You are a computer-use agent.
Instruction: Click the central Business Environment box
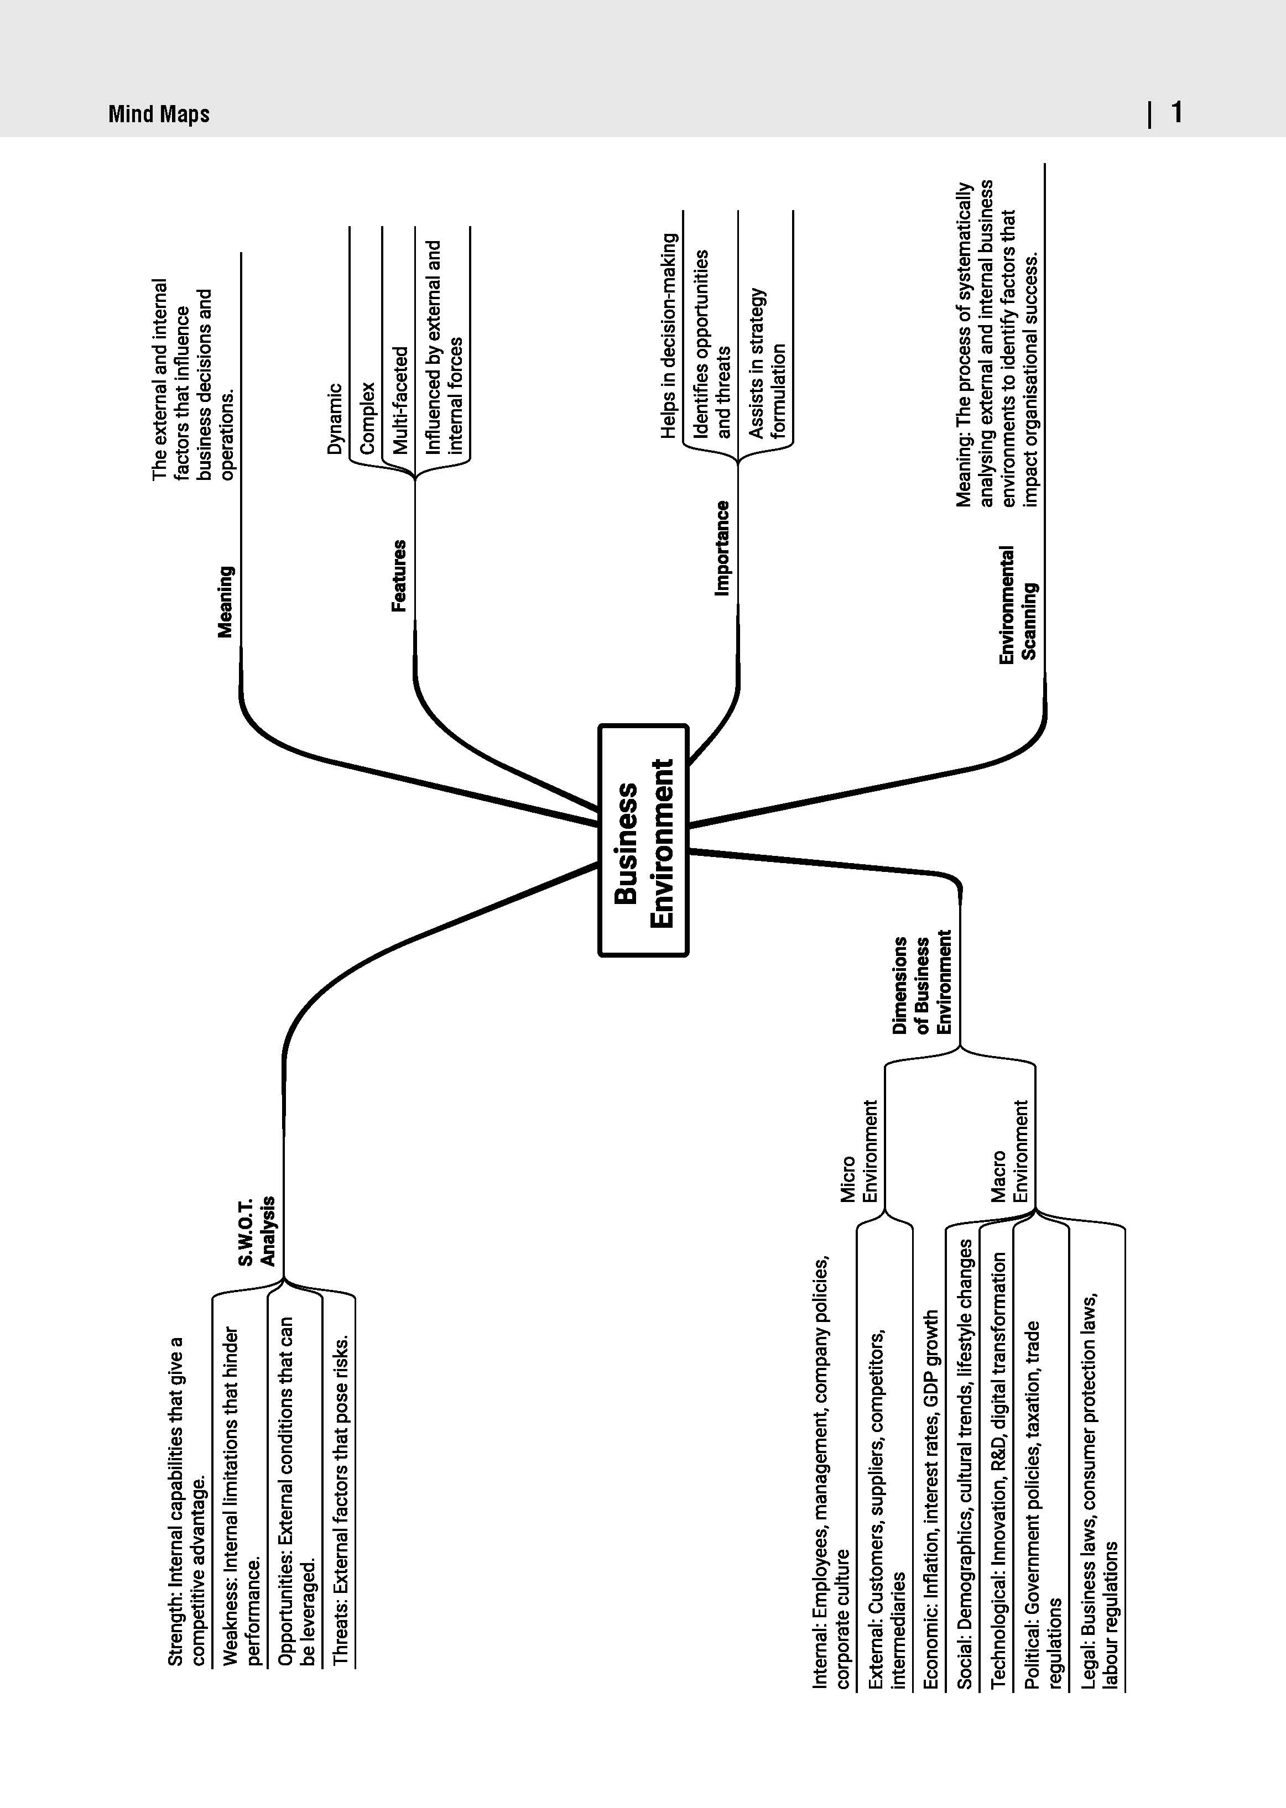point(643,840)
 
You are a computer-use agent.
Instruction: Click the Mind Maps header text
point(159,114)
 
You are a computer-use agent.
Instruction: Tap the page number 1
point(1176,112)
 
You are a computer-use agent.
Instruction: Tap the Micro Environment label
point(859,1151)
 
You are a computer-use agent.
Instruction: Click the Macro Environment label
point(1009,1151)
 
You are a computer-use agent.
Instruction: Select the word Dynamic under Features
point(336,419)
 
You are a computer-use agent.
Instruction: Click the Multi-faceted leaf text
point(400,400)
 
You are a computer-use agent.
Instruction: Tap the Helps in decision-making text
point(669,336)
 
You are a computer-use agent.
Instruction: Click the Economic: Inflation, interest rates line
point(931,1499)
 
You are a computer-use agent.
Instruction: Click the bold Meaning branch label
point(226,602)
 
